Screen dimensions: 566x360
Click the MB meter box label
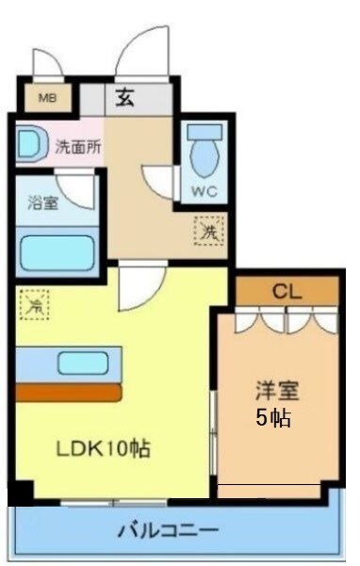click(x=46, y=97)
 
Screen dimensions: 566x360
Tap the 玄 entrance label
click(x=125, y=97)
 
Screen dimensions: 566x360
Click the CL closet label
click(x=286, y=291)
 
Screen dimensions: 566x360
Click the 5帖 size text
click(x=274, y=417)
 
